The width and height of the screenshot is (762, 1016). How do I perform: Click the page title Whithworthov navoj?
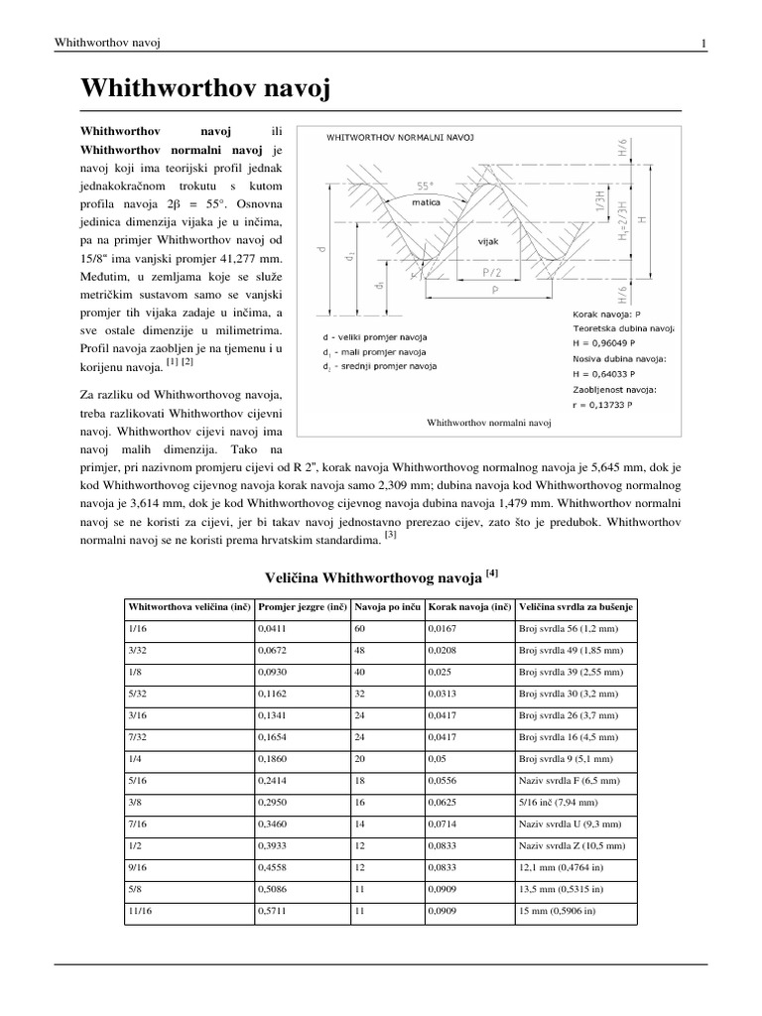coord(202,90)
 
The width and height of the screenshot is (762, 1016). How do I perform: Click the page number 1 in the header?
coord(703,43)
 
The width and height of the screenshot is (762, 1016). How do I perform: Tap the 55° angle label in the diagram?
coord(427,186)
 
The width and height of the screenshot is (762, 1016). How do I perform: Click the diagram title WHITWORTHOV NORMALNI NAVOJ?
coord(400,142)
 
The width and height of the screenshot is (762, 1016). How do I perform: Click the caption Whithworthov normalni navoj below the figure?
coord(488,423)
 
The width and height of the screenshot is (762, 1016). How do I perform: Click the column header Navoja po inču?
coord(387,606)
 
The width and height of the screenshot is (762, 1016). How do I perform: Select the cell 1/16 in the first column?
coord(136,628)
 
